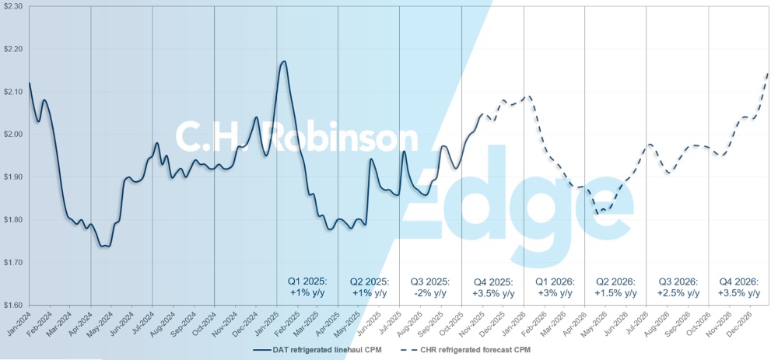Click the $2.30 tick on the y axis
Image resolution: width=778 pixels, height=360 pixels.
[13, 6]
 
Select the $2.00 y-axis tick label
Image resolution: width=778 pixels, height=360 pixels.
[13, 135]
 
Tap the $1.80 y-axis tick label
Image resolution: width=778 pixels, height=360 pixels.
[13, 220]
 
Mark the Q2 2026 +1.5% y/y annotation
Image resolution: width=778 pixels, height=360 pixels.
[615, 287]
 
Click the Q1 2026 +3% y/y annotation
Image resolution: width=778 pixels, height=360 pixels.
[554, 287]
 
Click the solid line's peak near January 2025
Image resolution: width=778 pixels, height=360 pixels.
[284, 61]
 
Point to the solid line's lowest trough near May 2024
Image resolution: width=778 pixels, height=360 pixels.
[105, 246]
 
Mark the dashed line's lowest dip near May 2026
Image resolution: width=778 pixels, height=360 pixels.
[598, 212]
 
